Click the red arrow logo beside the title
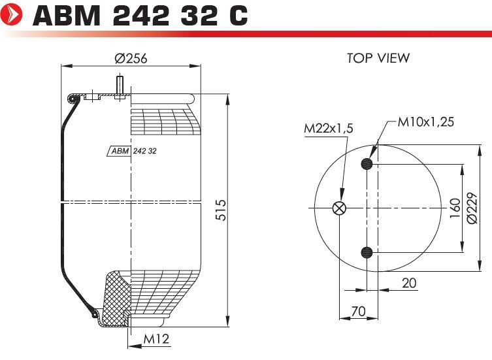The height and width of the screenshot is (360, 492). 12,14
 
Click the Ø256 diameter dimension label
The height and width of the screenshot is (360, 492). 131,58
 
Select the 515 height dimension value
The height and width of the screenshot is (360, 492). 221,210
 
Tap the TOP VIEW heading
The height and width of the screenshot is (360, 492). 378,58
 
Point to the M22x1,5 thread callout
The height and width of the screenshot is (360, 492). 329,128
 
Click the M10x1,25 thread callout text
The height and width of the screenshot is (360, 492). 425,122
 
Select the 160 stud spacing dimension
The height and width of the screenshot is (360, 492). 455,208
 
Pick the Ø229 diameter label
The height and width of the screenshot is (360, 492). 472,208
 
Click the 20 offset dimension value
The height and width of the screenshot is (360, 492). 409,283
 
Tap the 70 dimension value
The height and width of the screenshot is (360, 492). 358,312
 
